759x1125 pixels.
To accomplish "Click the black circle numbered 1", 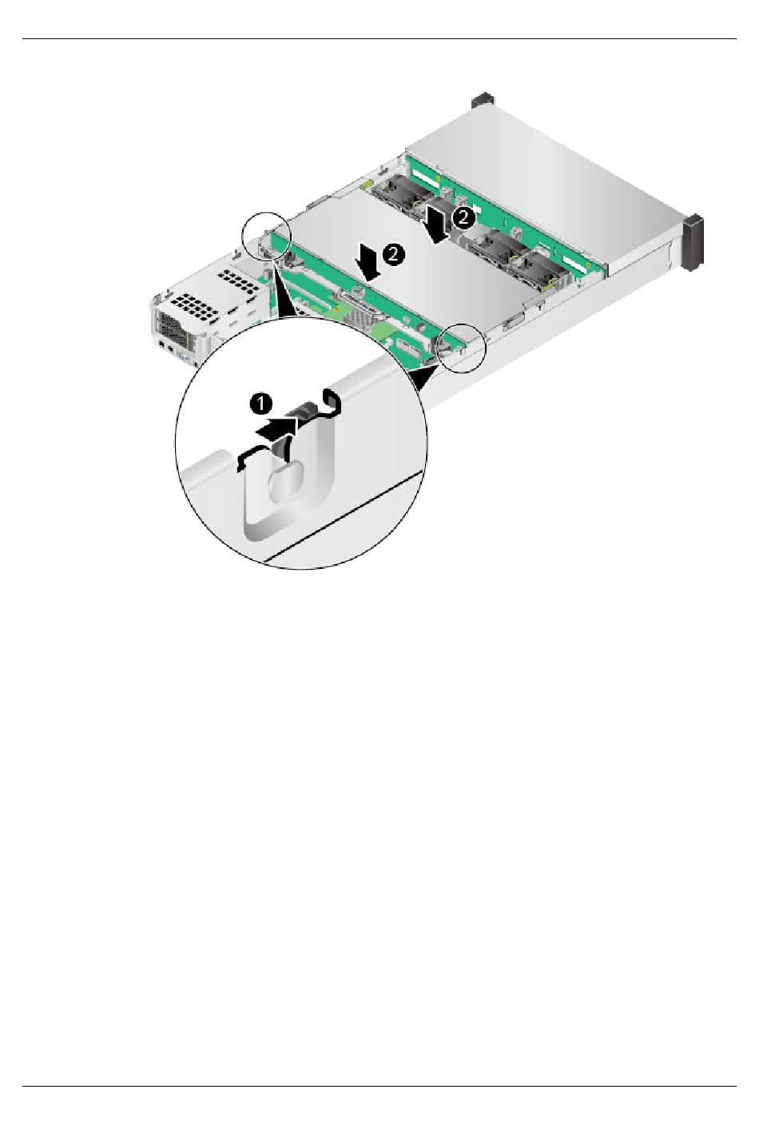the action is pyautogui.click(x=260, y=403).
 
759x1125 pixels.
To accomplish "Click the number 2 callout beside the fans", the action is pyautogui.click(x=463, y=217).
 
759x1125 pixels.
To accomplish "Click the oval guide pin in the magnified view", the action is pyautogui.click(x=285, y=482).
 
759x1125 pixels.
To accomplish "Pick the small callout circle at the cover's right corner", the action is pyautogui.click(x=462, y=348).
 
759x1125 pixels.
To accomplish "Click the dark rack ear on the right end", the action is pyautogui.click(x=695, y=243).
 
